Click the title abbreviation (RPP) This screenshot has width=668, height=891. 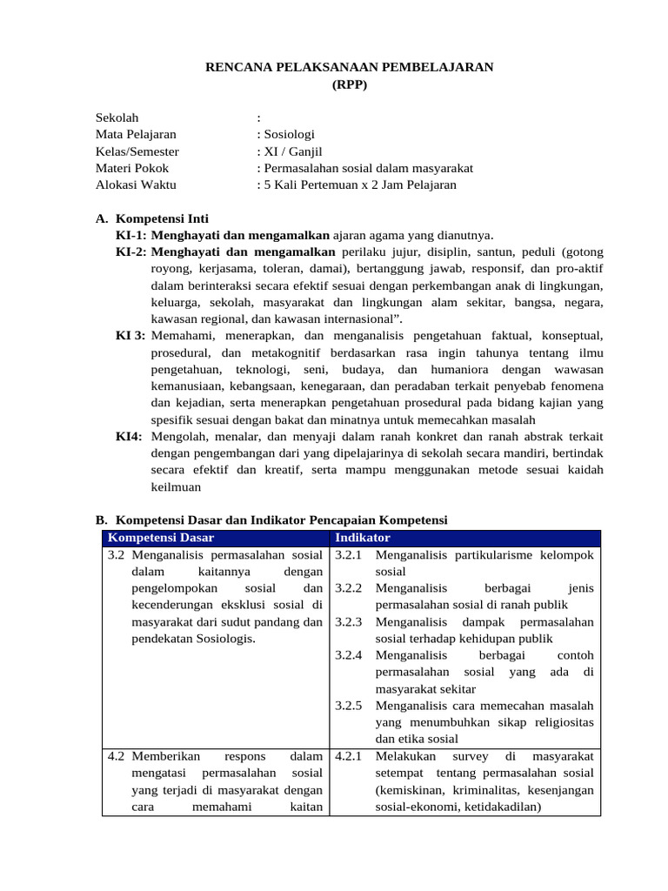pyautogui.click(x=350, y=84)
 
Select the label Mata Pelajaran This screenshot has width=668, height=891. pyautogui.click(x=136, y=135)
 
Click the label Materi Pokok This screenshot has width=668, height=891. pyautogui.click(x=132, y=168)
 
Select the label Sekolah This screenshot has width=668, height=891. pyautogui.click(x=117, y=117)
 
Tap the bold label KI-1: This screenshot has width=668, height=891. pyautogui.click(x=131, y=235)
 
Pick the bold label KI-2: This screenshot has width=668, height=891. pyautogui.click(x=131, y=251)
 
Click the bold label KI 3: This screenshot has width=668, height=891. pyautogui.click(x=130, y=335)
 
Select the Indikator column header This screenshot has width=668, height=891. pyautogui.click(x=363, y=538)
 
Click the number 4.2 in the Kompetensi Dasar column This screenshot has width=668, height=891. pyautogui.click(x=117, y=756)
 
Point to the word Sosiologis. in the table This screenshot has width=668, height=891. pyautogui.click(x=227, y=639)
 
